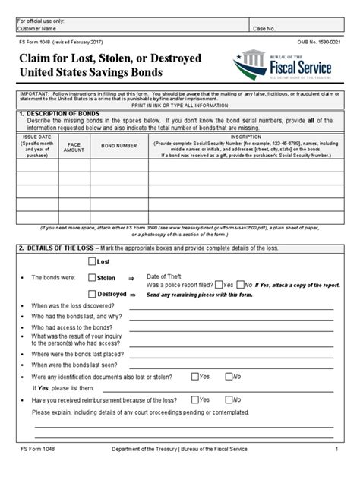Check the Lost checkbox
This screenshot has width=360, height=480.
(x=93, y=261)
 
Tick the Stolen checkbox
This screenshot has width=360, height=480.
(x=93, y=278)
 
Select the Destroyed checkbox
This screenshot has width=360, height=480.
(x=93, y=295)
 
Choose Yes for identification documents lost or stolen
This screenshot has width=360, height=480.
(x=195, y=375)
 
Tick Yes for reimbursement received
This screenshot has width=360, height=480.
(x=195, y=398)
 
